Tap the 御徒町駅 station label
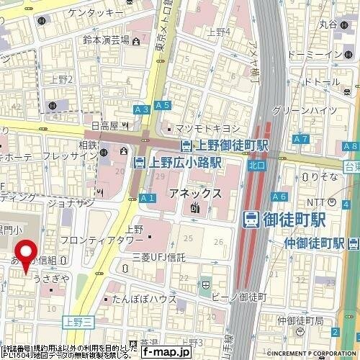coord(293,218)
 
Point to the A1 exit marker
coord(148,197)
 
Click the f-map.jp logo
coord(166,352)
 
